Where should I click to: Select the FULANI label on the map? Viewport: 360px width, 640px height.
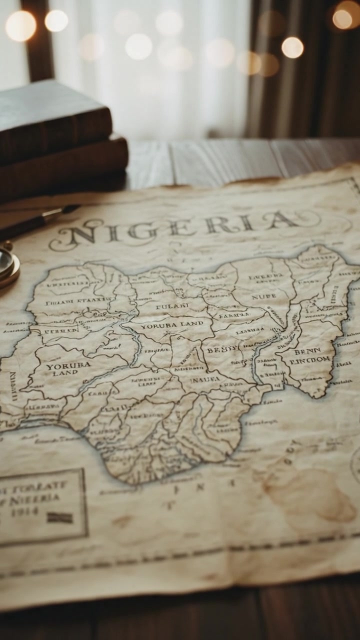[x=172, y=304]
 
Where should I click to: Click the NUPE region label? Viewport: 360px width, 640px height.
[x=264, y=296]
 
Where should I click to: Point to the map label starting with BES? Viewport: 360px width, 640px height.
[x=221, y=350]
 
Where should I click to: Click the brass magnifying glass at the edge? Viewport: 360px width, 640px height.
[x=7, y=265]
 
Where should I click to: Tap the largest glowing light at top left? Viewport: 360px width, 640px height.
[x=20, y=25]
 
